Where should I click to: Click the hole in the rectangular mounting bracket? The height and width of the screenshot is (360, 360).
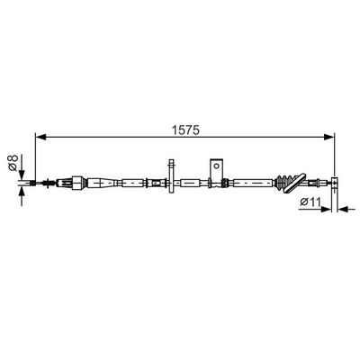216,166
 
